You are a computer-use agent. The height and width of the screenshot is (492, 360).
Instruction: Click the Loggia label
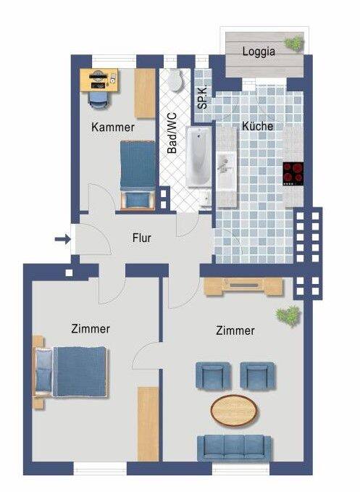tap(259, 51)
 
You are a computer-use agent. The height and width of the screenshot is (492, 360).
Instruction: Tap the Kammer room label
tap(113, 127)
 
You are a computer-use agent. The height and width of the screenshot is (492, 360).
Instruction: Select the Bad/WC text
tap(172, 133)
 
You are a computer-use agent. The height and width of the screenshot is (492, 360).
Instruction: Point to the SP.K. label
tap(203, 96)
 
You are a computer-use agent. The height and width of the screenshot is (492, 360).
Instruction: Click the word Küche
tap(257, 126)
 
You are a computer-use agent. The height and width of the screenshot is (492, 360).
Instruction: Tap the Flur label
tap(142, 238)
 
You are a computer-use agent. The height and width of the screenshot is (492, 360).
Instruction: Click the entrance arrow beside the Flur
tap(62, 240)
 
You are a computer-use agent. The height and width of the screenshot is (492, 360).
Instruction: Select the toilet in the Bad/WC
tap(175, 80)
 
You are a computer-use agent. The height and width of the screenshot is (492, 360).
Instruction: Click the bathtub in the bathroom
tap(198, 157)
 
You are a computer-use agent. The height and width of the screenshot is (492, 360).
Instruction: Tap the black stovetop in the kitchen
tap(293, 173)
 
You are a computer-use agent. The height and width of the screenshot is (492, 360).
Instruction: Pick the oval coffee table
tap(234, 411)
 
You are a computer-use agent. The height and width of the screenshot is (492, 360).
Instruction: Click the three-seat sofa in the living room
tap(234, 448)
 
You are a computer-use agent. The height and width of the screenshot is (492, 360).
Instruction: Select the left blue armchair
tap(213, 375)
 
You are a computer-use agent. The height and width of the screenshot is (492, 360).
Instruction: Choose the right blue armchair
tap(257, 375)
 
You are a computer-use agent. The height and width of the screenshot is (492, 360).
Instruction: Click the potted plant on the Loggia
tap(294, 43)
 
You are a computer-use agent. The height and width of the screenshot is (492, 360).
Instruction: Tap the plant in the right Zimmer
tap(288, 315)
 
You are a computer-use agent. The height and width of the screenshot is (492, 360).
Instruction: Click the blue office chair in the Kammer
tap(99, 101)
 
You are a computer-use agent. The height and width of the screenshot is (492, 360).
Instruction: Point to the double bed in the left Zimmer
tap(70, 372)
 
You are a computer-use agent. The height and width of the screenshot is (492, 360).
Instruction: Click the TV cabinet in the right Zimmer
tap(243, 286)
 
